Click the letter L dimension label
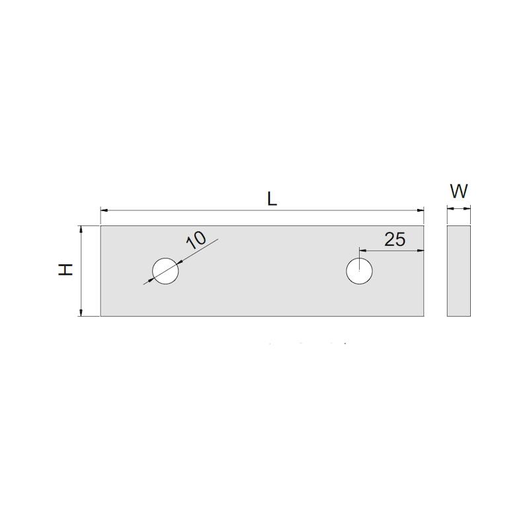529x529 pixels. coord(272,198)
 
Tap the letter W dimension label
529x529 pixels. coord(459,191)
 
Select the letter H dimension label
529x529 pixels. coord(65,270)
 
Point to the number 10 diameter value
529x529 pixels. coord(196,239)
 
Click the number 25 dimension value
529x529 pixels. coord(395,239)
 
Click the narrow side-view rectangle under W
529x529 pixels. coord(459,271)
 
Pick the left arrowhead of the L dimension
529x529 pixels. coord(104,210)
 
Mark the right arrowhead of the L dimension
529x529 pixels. coord(421,210)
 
